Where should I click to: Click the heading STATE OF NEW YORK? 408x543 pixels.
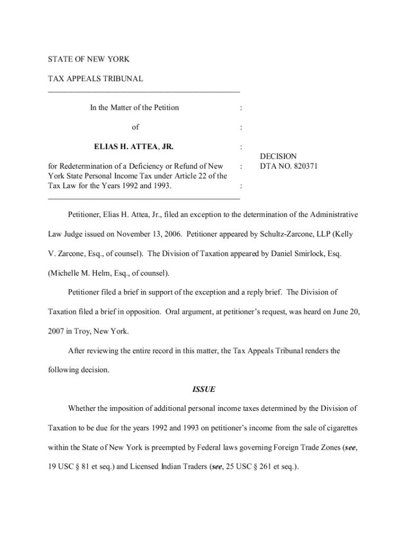point(88,59)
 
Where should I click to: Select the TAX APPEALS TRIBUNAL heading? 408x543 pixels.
point(95,79)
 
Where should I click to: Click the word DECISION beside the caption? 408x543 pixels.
point(278,156)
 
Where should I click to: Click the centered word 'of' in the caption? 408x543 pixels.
point(135,127)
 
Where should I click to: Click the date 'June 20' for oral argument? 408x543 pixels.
point(345,312)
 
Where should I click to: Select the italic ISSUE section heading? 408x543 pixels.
point(203,390)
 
